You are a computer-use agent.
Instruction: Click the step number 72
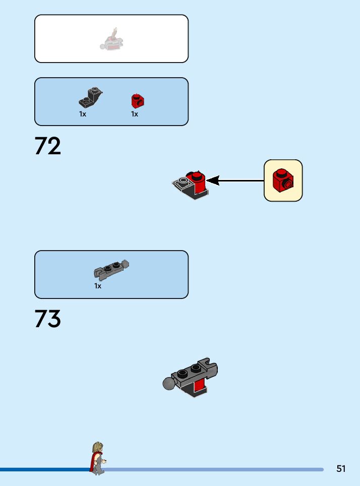(x=48, y=146)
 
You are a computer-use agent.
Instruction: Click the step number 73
(x=48, y=319)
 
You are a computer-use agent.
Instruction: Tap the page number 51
(x=341, y=469)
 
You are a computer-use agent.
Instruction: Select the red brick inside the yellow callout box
(x=283, y=180)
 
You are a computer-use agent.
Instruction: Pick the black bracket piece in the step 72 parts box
(x=91, y=98)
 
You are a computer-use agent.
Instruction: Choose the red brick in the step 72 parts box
(x=138, y=101)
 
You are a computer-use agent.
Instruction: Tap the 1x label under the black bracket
(x=83, y=114)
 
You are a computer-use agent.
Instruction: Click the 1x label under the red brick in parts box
(x=135, y=114)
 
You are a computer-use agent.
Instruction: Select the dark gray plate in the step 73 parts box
(x=111, y=270)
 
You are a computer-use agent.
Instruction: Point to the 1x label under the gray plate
(x=98, y=286)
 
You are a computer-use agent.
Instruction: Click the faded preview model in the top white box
(x=111, y=41)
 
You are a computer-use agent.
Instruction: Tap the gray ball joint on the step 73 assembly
(x=169, y=384)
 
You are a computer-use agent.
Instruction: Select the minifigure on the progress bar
(x=97, y=458)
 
